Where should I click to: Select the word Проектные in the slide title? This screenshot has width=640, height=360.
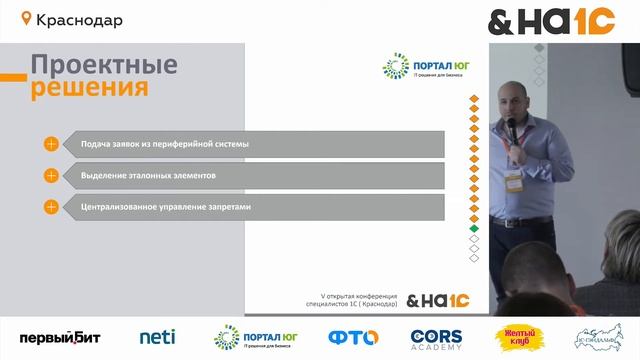tap(104, 66)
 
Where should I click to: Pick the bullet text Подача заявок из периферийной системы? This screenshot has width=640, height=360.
tap(165, 144)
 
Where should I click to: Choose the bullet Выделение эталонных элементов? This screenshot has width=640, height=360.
tap(148, 175)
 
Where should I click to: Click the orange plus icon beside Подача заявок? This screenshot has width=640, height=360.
tap(51, 144)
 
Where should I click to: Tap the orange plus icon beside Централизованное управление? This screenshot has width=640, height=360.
tap(51, 207)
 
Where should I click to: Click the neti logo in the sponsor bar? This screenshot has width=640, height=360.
tap(157, 338)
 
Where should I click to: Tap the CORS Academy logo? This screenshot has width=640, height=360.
tap(437, 338)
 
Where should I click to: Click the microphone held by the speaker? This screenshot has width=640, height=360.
tap(509, 128)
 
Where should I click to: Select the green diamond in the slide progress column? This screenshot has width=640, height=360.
tap(474, 230)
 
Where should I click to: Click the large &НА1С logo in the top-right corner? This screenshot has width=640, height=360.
tap(551, 21)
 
